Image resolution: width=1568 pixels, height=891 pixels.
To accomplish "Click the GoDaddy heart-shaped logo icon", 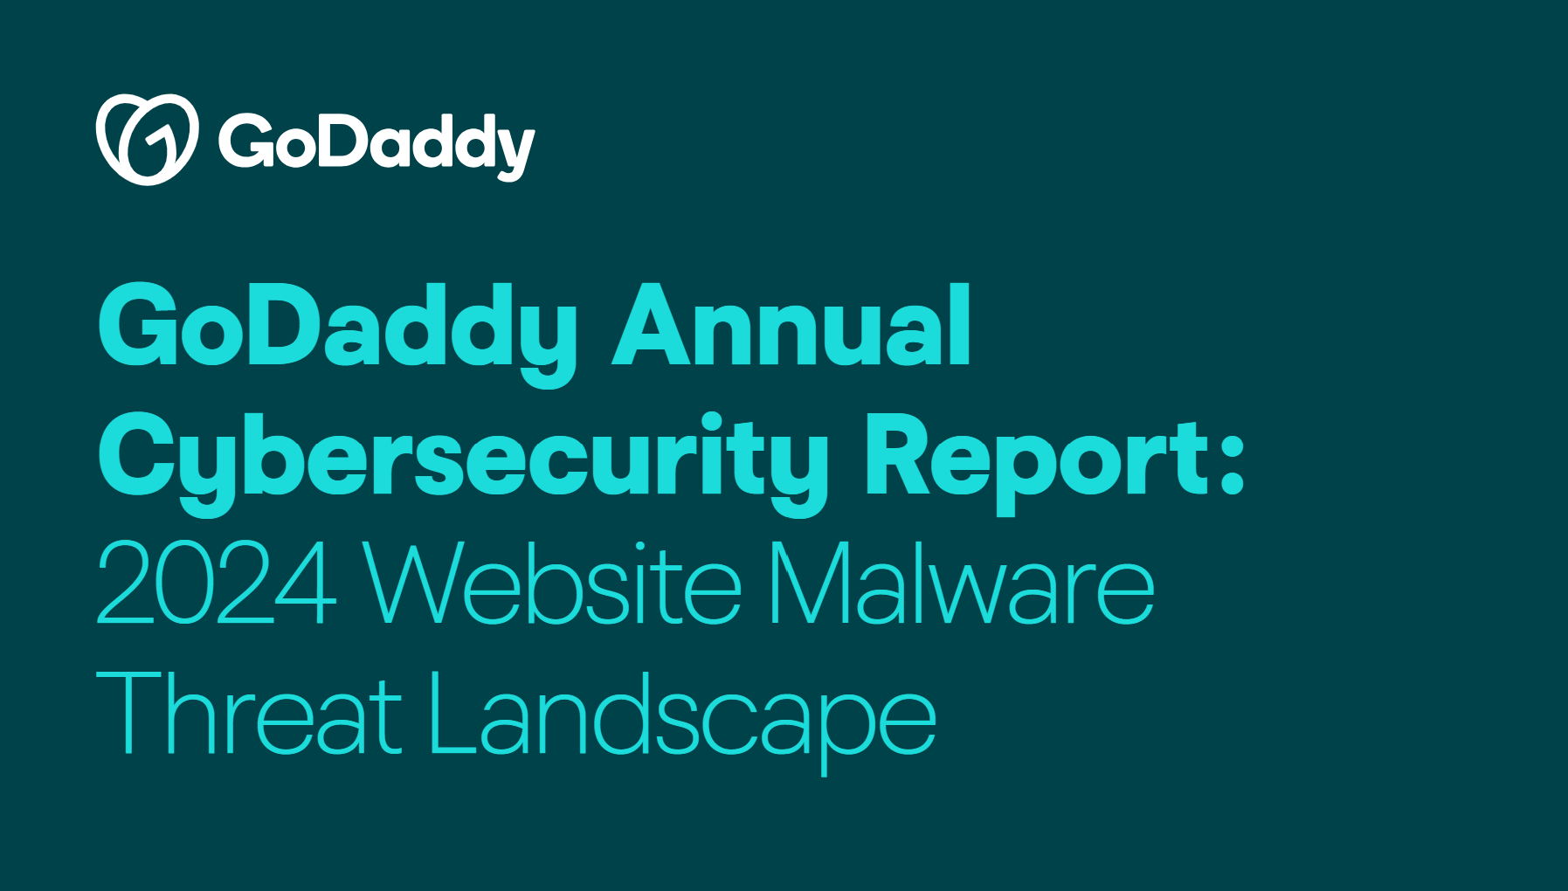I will pyautogui.click(x=147, y=140).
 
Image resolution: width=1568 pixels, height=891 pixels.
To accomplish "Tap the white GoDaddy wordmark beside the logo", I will pyautogui.click(x=376, y=143).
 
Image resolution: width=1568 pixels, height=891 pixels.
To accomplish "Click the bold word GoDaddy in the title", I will pyautogui.click(x=336, y=328).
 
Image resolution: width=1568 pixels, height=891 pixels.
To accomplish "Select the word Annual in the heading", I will pyautogui.click(x=791, y=327).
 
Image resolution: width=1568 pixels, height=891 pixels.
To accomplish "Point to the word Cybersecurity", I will pyautogui.click(x=463, y=458).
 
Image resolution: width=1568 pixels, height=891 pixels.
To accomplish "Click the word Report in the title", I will pyautogui.click(x=1040, y=458).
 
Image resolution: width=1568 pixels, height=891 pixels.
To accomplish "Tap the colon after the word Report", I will pyautogui.click(x=1232, y=458).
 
